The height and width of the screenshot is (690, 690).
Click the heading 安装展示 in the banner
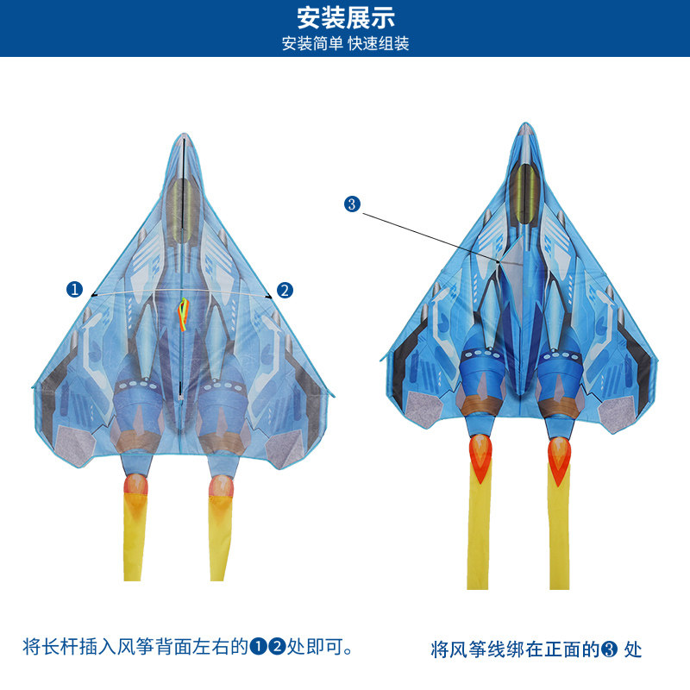[345, 17]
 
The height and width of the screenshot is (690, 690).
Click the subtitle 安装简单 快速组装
[345, 43]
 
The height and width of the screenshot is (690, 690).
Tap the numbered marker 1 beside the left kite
[75, 290]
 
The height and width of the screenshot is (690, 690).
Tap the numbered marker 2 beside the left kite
[285, 290]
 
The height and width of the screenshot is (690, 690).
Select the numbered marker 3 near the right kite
[351, 204]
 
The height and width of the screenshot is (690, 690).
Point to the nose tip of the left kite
[183, 135]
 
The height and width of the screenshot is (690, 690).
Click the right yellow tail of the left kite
[221, 535]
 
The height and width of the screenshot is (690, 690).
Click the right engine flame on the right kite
[560, 455]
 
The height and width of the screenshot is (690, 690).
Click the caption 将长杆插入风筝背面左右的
[135, 647]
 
